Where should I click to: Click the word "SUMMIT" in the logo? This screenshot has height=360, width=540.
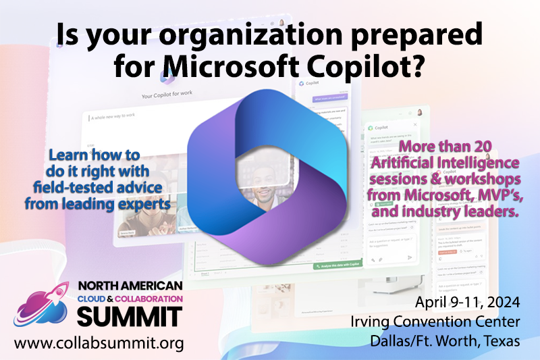coord(128,315)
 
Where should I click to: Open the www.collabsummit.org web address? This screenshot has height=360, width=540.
coord(99,343)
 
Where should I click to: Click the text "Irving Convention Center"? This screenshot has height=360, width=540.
coord(446,322)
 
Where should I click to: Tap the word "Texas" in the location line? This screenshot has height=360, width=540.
coord(498,340)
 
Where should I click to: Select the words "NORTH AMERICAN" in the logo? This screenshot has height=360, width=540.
coord(130,285)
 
